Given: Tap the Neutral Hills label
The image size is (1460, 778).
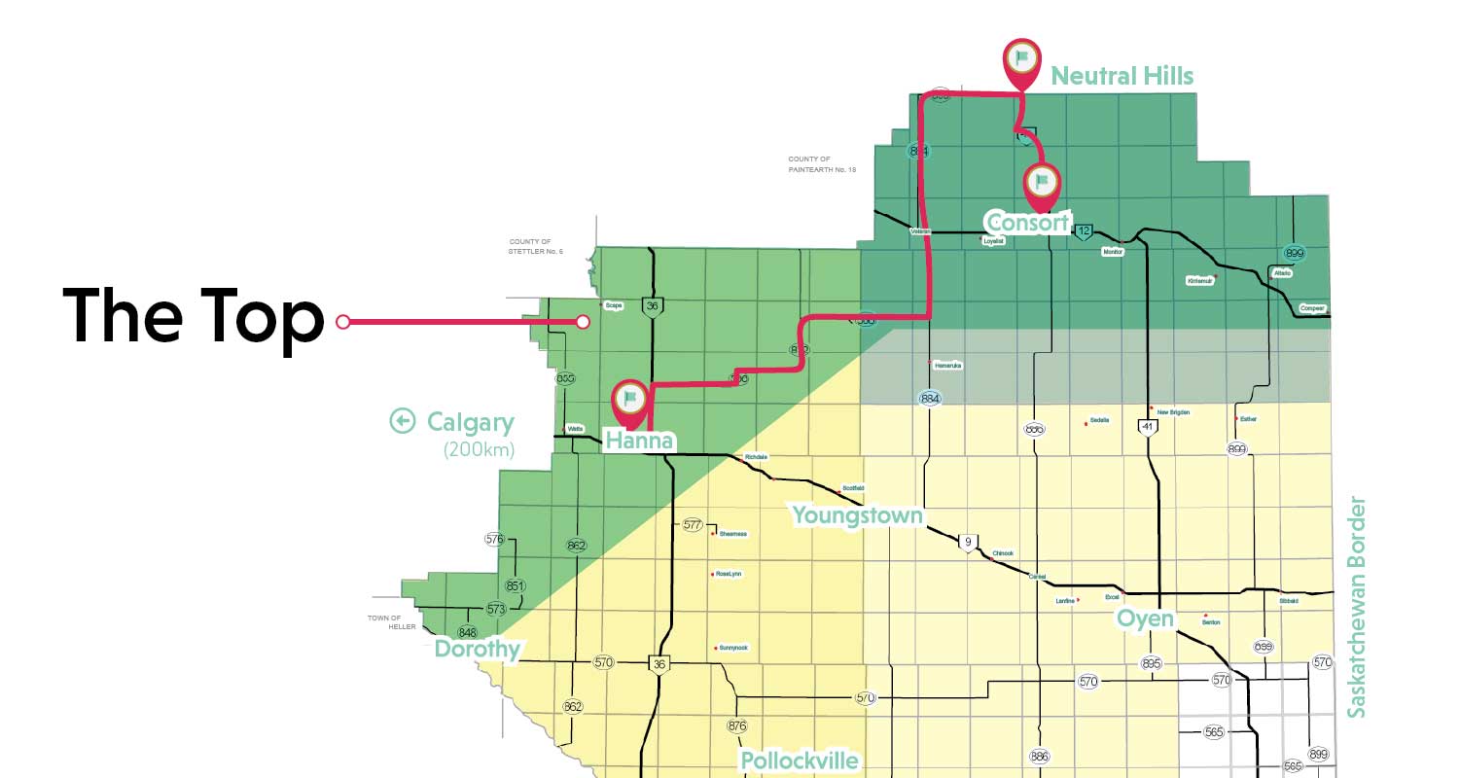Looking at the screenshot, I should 1122,76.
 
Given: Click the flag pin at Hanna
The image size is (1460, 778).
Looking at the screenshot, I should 630,399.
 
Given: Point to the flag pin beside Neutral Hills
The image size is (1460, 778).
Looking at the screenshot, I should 1020,59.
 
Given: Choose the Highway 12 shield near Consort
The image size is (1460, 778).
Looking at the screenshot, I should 1084,230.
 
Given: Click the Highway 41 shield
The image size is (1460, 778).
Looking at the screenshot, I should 1148,426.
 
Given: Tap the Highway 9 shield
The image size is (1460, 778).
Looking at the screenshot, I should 967,542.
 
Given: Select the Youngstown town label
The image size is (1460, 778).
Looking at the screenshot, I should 857,514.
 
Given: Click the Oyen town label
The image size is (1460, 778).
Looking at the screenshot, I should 1145,619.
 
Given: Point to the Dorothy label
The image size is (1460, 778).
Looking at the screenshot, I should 478,649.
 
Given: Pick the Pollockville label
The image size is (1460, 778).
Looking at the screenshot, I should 800,760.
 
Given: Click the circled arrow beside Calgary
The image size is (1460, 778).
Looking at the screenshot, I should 403,421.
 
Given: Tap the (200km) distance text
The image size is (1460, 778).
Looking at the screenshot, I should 478,449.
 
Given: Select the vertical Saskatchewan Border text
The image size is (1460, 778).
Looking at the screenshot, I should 1357,608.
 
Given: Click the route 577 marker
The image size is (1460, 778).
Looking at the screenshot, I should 693,525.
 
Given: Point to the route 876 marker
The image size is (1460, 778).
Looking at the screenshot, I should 737,725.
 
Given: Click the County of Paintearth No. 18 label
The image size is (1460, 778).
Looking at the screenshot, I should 822,164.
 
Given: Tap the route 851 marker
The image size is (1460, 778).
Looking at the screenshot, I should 516,586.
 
